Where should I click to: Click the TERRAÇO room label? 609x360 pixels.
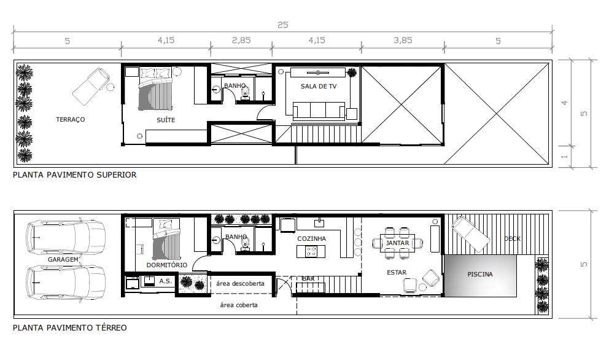tap(71, 119)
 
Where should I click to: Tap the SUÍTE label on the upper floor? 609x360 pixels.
tap(166, 120)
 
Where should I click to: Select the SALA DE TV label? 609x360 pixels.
tap(319, 86)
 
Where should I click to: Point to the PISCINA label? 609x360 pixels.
tap(480, 274)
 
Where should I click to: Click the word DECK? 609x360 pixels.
tap(512, 239)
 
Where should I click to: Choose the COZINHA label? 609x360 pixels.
tap(311, 239)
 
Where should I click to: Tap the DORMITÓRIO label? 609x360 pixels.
tap(166, 265)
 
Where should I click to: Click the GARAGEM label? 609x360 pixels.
tap(63, 259)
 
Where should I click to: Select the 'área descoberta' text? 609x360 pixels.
tap(240, 283)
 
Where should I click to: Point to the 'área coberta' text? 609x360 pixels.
tap(239, 305)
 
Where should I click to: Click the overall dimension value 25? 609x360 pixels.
tap(283, 25)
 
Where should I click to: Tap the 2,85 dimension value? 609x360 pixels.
tap(241, 40)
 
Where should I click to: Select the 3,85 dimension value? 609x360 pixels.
tap(403, 40)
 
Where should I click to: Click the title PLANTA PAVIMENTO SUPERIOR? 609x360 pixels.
tap(74, 175)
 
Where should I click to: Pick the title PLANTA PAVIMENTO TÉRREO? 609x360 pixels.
tap(70, 327)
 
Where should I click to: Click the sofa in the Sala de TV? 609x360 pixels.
tap(319, 110)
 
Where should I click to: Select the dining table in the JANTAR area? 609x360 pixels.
tap(398, 243)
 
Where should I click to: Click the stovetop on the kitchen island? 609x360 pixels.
tap(311, 251)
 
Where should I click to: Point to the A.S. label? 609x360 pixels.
tap(166, 281)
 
